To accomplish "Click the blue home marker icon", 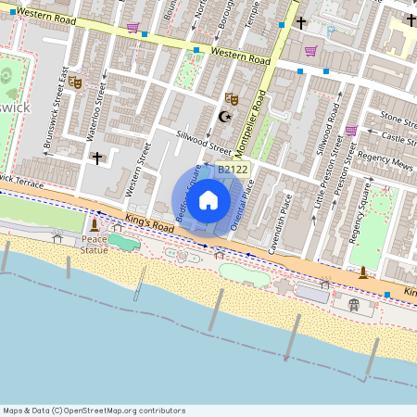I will (x=208, y=199).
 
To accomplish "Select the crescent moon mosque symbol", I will (x=223, y=116).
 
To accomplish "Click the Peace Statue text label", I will (x=93, y=244).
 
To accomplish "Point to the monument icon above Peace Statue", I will (x=94, y=225).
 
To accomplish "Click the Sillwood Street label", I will (x=204, y=141).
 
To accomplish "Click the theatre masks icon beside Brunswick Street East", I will (x=75, y=82).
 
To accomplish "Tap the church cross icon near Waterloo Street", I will (x=96, y=158).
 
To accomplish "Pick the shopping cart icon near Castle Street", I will (x=351, y=131).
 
